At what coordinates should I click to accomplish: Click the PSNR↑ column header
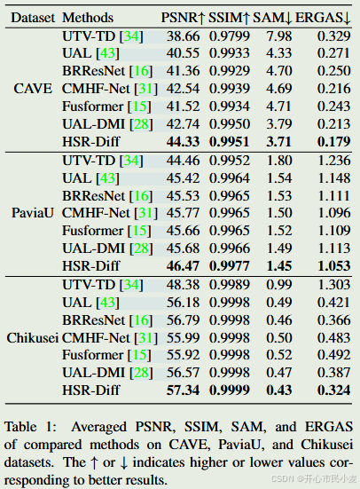click(182, 18)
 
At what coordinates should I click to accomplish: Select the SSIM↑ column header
click(231, 18)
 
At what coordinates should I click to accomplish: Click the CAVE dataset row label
click(33, 89)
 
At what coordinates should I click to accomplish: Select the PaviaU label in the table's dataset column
click(33, 213)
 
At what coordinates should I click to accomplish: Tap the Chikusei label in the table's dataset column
click(33, 338)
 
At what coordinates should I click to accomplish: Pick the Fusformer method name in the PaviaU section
click(93, 231)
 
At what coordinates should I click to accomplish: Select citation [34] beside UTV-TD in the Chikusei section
click(131, 285)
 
